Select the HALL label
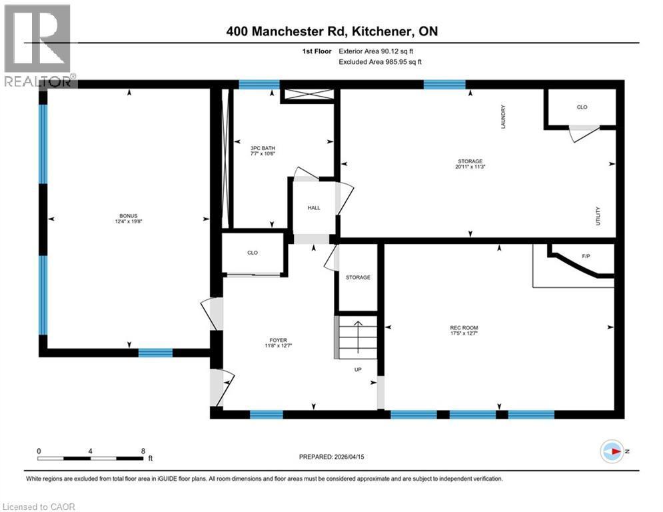click(313, 208)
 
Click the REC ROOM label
click(464, 327)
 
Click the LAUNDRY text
click(504, 117)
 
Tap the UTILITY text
click(598, 217)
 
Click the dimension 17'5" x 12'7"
click(464, 334)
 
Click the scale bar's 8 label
click(143, 450)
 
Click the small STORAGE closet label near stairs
click(358, 277)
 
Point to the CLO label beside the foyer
click(252, 253)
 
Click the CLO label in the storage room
click(582, 107)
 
